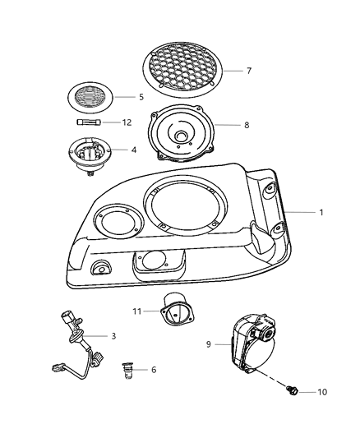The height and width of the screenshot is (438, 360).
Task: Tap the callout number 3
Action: pos(113,336)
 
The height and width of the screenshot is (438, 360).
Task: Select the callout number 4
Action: pos(134,150)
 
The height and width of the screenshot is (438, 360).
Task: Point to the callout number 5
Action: pos(140,96)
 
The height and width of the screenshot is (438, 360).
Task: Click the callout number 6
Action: pos(153,370)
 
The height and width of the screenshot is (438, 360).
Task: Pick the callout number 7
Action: pos(248,71)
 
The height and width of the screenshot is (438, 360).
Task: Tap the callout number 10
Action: pos(322,392)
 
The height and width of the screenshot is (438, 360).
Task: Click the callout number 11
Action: pos(136,311)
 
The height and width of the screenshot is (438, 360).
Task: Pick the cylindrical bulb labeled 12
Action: pos(88,122)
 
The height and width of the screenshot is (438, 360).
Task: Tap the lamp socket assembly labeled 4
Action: pos(89,154)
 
